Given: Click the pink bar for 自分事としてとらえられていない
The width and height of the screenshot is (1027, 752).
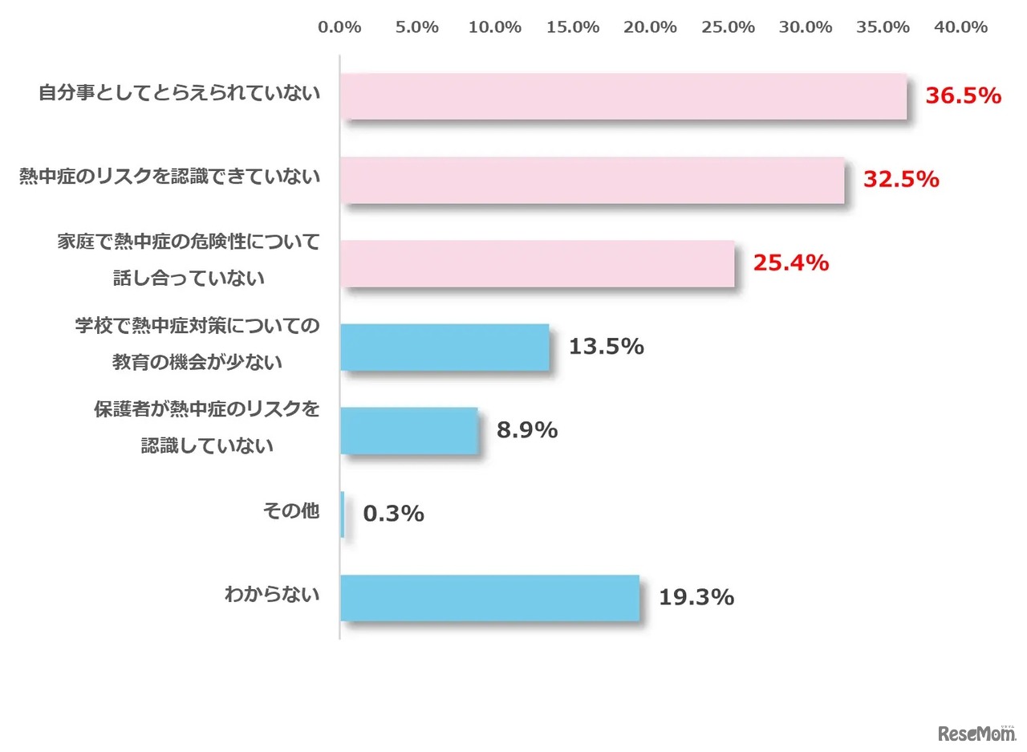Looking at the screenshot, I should [x=623, y=96].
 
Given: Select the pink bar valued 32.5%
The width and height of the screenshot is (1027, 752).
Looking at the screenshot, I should [x=592, y=180].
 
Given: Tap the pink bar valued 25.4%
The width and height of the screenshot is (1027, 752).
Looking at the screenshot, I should [x=537, y=263].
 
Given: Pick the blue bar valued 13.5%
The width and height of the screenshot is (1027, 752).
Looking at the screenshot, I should [x=444, y=347].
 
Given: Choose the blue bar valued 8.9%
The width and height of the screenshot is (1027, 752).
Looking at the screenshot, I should [x=408, y=430].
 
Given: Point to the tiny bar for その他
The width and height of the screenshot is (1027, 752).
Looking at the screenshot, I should [x=343, y=514].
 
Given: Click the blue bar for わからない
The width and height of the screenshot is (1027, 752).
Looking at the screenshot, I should [x=489, y=598].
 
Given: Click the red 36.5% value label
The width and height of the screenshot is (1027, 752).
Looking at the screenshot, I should [x=964, y=96].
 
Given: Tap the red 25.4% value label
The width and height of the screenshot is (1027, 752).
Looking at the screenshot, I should [x=790, y=262].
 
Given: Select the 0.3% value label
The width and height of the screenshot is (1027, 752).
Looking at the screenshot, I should [x=393, y=514].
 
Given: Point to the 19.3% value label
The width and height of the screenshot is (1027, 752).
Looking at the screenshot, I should [x=696, y=598].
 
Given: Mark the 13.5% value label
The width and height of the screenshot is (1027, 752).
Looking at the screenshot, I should [x=606, y=347].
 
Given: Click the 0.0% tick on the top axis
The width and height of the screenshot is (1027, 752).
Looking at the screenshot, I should [x=339, y=27].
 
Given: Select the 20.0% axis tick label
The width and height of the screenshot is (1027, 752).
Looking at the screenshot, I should [x=651, y=27].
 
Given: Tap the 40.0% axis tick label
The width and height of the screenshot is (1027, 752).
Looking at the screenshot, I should [x=960, y=27].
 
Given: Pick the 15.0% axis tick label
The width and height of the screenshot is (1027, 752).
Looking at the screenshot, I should [x=573, y=27].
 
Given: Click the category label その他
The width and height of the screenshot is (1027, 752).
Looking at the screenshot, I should [x=291, y=510].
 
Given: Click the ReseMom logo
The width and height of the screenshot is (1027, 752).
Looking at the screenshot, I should [x=976, y=733].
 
